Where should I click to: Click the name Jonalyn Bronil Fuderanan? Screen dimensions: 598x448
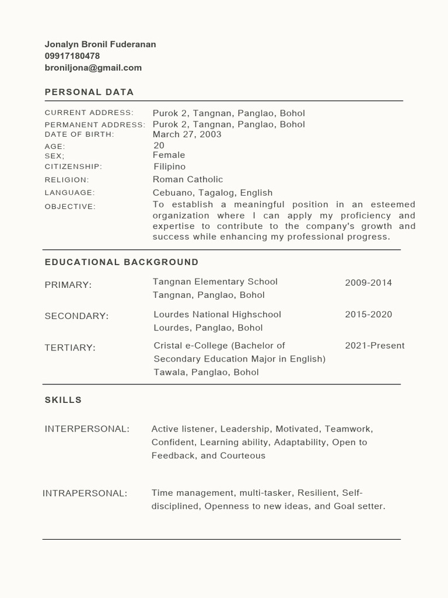click(100, 44)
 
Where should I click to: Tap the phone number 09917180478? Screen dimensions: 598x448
click(72, 56)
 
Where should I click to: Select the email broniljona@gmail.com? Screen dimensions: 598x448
click(93, 68)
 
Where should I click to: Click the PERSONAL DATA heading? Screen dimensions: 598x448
click(89, 92)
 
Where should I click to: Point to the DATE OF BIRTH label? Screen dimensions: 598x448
click(79, 134)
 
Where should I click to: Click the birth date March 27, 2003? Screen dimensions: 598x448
click(187, 134)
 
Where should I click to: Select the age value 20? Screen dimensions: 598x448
click(159, 145)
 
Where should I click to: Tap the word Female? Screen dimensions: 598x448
click(169, 155)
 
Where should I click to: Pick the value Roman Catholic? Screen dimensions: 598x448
click(188, 179)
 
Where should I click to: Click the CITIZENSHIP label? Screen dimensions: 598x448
click(73, 167)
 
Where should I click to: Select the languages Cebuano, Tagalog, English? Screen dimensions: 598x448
click(212, 193)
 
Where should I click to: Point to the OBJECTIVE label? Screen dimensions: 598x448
click(70, 207)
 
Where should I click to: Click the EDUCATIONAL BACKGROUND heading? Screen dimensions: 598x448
click(121, 262)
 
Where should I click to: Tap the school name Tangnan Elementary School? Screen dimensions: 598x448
click(215, 281)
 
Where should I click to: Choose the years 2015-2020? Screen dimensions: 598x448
click(368, 314)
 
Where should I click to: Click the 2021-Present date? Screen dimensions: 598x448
click(374, 345)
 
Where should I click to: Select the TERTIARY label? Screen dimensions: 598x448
click(70, 347)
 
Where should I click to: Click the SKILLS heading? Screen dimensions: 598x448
click(63, 400)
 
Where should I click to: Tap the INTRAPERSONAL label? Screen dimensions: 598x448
click(85, 493)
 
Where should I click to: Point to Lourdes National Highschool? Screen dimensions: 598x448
click(217, 314)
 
